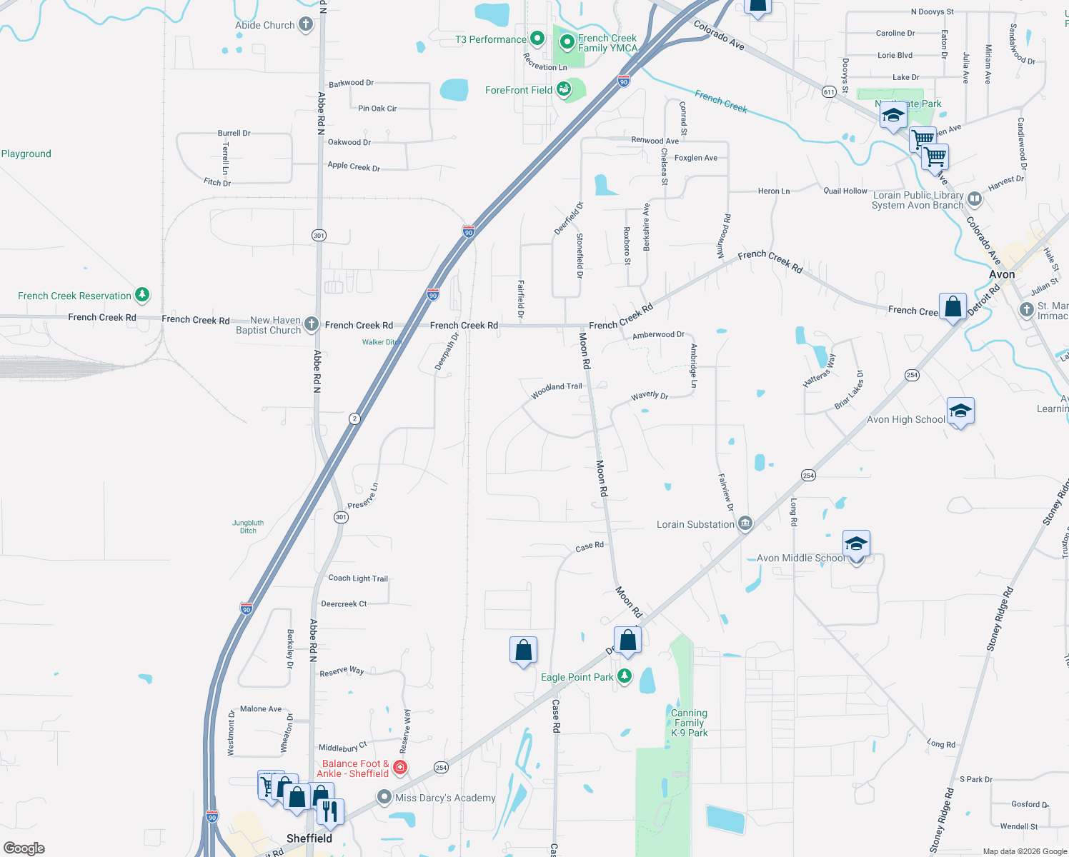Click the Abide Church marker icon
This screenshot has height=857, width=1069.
(305, 25)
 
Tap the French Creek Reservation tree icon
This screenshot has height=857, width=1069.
(142, 295)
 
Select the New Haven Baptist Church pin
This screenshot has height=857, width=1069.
(311, 324)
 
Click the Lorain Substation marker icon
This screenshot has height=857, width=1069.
(745, 524)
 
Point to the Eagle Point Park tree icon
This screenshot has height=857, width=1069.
(625, 676)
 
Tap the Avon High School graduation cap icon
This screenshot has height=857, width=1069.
(960, 411)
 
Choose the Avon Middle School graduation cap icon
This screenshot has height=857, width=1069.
(856, 545)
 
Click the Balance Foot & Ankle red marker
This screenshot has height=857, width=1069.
(400, 768)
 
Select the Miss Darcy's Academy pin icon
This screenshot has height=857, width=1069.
(384, 797)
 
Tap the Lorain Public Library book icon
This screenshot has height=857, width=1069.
(975, 199)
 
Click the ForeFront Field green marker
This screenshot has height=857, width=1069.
(564, 89)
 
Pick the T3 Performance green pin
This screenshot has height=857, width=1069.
(537, 39)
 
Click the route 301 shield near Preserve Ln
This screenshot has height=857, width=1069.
(342, 517)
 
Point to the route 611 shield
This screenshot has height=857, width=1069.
(829, 92)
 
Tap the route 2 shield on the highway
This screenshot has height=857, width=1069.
(354, 419)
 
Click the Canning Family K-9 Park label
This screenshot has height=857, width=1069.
(689, 723)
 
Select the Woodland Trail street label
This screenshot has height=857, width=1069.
(557, 390)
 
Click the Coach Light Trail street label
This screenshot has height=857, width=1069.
(358, 578)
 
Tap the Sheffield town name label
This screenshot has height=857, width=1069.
(309, 838)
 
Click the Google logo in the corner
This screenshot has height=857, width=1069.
(24, 848)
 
